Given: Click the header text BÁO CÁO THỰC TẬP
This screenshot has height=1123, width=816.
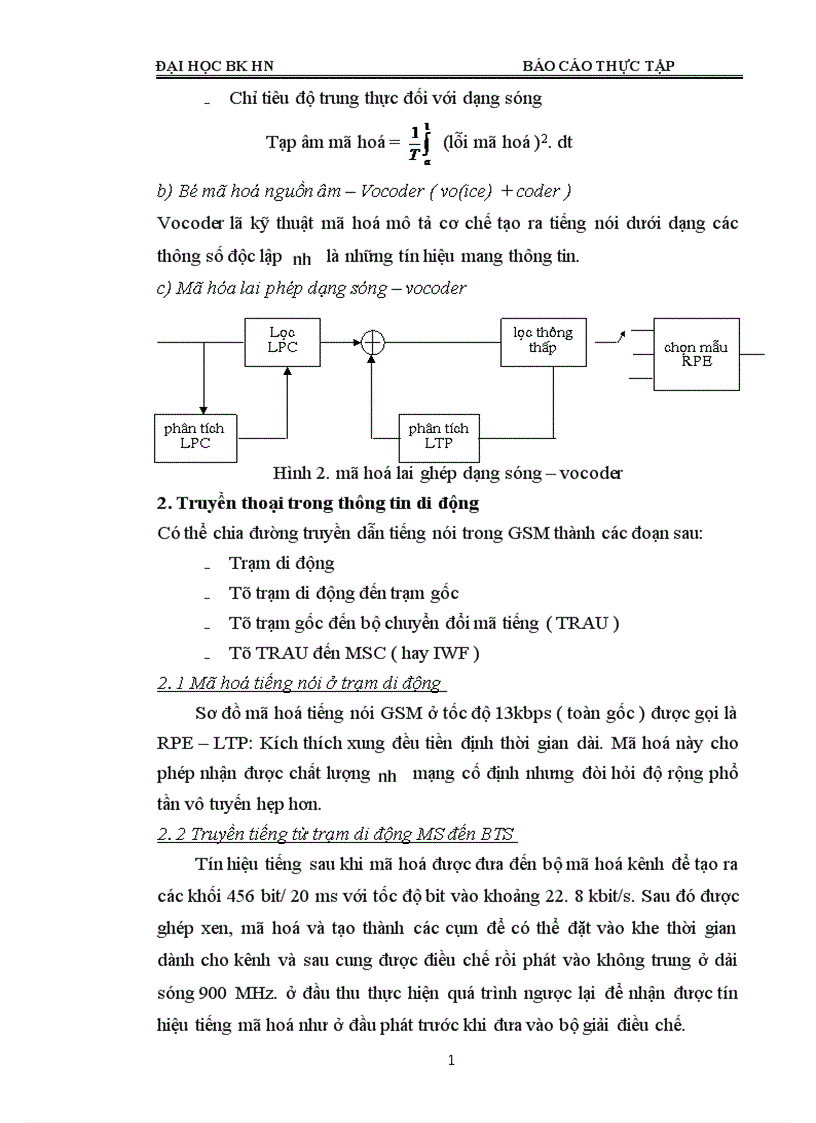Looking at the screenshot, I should pyautogui.click(x=599, y=66).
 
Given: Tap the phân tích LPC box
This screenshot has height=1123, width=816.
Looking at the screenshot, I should pyautogui.click(x=194, y=436).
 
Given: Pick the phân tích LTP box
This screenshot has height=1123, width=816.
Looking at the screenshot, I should pyautogui.click(x=438, y=436).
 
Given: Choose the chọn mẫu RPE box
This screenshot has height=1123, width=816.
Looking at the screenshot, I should pyautogui.click(x=696, y=354).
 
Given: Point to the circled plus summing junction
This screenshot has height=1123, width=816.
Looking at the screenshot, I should pyautogui.click(x=373, y=341).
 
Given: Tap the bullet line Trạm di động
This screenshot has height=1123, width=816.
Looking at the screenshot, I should pyautogui.click(x=282, y=563).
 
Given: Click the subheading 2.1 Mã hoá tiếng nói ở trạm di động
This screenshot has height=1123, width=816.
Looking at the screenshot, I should pyautogui.click(x=300, y=684).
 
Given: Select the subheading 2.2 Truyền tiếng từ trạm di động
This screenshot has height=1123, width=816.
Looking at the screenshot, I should pyautogui.click(x=337, y=834).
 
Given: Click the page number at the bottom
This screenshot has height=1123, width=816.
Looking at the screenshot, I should pyautogui.click(x=452, y=1061).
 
